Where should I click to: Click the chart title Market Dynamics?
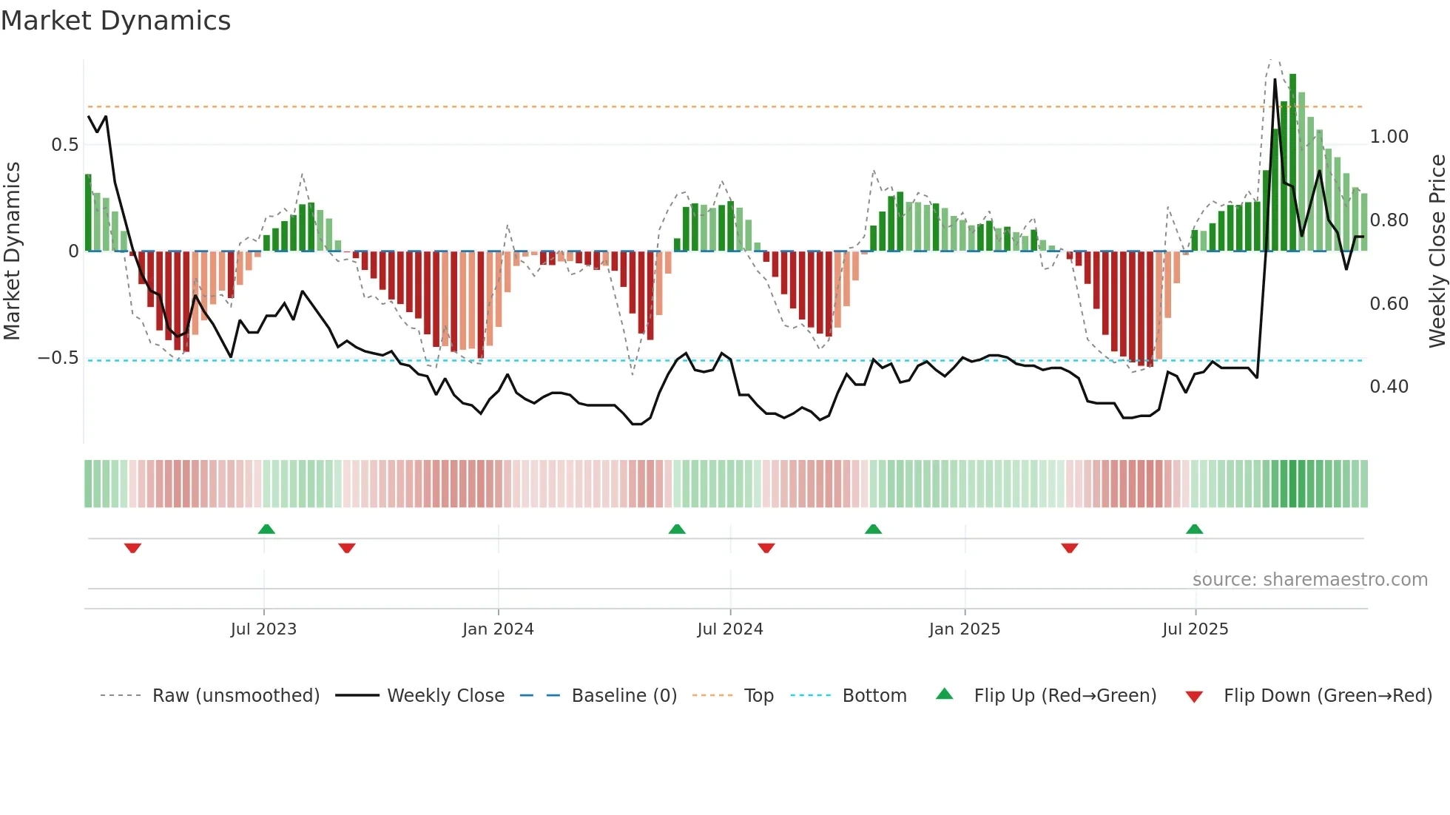coord(115,21)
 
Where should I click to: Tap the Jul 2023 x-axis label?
coord(263,629)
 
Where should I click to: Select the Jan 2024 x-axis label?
coord(498,629)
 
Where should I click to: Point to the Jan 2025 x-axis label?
coord(965,629)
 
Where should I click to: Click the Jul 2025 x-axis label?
coord(1195,629)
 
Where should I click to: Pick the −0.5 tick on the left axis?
coord(58,358)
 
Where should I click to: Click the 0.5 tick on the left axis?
coord(64,145)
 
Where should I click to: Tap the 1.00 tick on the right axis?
coord(1389,137)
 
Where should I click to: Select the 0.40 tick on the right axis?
coord(1389,387)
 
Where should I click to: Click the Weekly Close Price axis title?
coord(1437,251)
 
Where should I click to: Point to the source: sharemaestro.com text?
coord(1309,580)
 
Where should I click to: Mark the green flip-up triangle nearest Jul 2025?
coord(1194,529)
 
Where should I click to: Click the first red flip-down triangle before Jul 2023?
coord(132,548)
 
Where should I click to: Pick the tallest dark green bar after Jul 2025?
coord(1292,163)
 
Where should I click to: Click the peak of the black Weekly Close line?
coord(1275,80)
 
